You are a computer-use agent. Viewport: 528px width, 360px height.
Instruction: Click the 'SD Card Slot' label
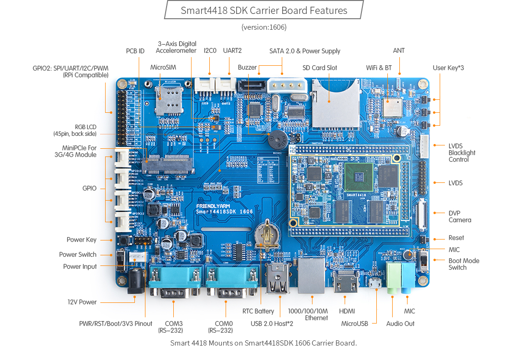click(x=320, y=68)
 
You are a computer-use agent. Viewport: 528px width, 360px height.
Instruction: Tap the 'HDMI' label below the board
click(x=347, y=311)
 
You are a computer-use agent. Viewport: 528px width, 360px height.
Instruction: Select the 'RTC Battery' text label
click(x=258, y=311)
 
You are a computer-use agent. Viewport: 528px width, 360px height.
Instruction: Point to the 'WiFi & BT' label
click(x=379, y=68)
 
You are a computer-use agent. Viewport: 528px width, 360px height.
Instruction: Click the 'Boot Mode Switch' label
click(x=464, y=264)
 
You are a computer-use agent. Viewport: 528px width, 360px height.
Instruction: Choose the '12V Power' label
click(x=82, y=302)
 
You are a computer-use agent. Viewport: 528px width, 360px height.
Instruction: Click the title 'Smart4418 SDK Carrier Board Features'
click(x=264, y=10)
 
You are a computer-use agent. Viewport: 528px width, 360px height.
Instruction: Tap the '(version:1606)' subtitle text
click(x=264, y=27)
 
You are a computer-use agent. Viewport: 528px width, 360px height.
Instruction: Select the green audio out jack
click(x=393, y=277)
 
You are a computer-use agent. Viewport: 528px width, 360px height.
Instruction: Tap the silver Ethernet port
click(x=312, y=276)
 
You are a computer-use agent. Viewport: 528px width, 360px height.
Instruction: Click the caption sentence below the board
click(x=264, y=343)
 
